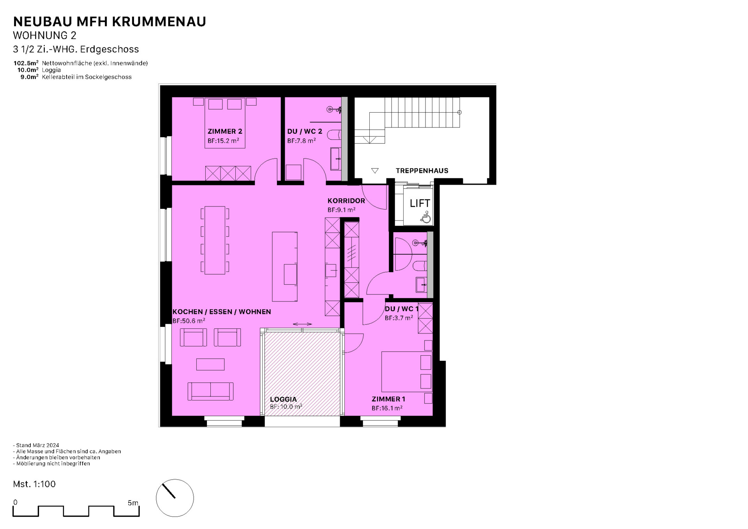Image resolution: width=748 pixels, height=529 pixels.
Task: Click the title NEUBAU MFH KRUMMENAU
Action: tap(109, 22)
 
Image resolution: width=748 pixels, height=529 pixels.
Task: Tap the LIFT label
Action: tap(420, 203)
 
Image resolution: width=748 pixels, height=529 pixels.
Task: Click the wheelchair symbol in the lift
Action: tap(426, 217)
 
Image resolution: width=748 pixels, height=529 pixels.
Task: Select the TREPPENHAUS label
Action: tap(422, 171)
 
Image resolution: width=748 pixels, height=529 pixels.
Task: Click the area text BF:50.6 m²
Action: tap(189, 321)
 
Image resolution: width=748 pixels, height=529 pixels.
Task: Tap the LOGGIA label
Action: tap(283, 399)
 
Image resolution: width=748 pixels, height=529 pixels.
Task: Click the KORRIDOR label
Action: tap(346, 201)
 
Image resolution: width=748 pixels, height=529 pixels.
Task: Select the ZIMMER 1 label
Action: tap(388, 399)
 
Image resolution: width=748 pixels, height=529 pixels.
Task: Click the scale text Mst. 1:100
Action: tap(34, 484)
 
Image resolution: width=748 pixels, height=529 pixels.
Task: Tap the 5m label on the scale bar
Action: tap(133, 503)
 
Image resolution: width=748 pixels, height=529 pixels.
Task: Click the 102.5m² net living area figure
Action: tap(26, 63)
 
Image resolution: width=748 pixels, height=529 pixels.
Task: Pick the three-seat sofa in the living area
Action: tap(210, 391)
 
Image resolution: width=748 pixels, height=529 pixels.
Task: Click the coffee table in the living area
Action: tap(210, 364)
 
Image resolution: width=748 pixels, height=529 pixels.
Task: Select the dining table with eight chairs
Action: tap(215, 240)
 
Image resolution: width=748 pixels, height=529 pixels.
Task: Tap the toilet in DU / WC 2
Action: tap(334, 135)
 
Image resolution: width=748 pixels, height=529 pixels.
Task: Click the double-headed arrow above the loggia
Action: tap(302, 324)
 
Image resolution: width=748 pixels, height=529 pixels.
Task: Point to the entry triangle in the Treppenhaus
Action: tap(375, 171)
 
